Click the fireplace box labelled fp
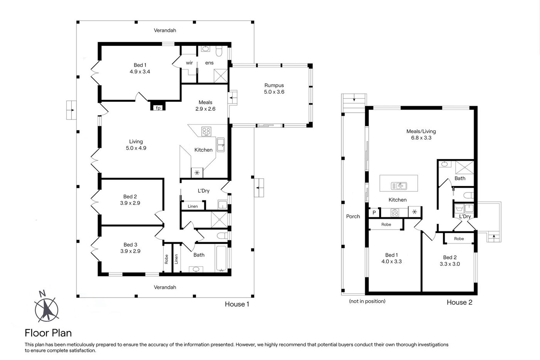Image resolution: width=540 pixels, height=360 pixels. tap(158, 106)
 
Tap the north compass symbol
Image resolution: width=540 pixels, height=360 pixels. tap(46, 307)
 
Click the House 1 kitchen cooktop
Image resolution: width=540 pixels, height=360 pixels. tap(206, 132)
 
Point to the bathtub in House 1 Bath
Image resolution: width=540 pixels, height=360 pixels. tap(221, 258)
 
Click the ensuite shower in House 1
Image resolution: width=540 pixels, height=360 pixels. tap(221, 76)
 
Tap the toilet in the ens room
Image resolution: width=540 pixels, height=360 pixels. tap(219, 51)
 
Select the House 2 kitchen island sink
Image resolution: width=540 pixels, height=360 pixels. tap(399, 186)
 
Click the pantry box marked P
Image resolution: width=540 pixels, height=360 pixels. tap(374, 213)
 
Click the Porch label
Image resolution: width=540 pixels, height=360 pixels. tap(353, 216)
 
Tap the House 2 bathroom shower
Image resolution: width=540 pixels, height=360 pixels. tap(464, 167)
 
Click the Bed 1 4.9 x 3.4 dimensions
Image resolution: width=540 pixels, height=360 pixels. tap(140, 72)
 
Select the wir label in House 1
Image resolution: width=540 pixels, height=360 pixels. tap(189, 63)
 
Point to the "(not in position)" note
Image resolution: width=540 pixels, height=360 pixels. tap(367, 301)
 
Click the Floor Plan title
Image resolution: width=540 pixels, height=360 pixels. tap(48, 333)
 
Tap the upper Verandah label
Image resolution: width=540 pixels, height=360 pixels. tap(165, 30)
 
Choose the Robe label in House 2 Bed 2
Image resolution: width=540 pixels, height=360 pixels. tap(459, 239)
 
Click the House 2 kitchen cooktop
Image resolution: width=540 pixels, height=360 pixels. tap(395, 213)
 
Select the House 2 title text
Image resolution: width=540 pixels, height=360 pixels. tap(459, 303)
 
